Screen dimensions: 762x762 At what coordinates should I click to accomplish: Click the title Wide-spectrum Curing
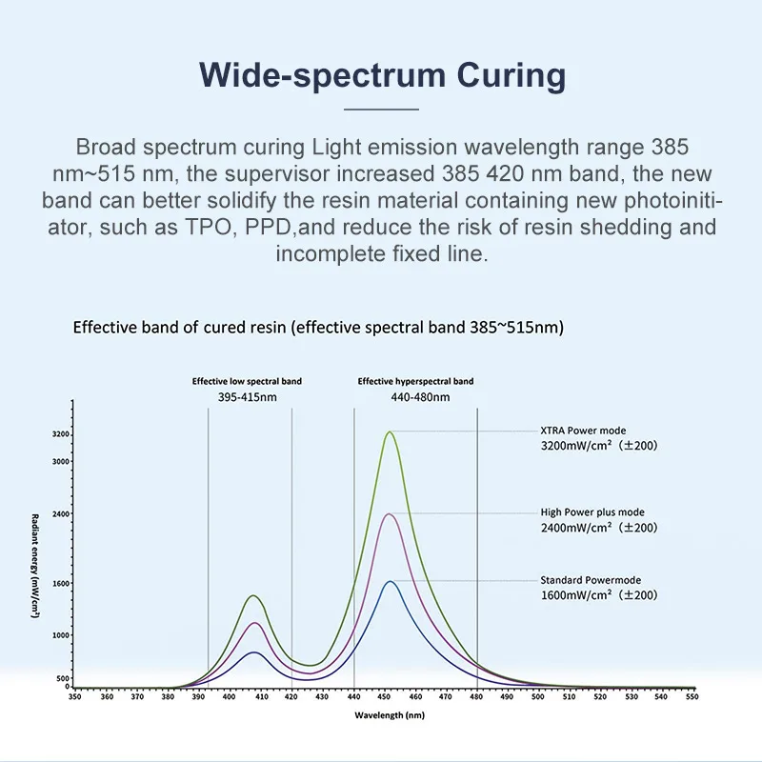381,74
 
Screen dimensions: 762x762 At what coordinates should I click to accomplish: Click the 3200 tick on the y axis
62,434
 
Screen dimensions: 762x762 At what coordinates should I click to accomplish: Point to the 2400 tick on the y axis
62,513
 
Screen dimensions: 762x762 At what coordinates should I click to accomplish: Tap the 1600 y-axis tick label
62,583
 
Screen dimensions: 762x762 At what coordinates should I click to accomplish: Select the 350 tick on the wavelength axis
75,697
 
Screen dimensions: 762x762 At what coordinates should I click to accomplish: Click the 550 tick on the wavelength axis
692,697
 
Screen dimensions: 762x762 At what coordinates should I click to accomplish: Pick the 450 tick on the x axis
384,697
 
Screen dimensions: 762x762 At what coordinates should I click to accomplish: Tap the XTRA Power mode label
583,431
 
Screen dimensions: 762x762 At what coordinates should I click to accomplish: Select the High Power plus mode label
592,512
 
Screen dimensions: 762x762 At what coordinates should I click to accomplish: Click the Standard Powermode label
591,580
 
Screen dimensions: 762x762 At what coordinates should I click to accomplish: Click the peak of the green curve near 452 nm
390,432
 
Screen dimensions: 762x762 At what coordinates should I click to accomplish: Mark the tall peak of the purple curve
390,514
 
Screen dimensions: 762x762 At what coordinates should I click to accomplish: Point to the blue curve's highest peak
390,582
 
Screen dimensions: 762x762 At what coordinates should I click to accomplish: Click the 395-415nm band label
248,396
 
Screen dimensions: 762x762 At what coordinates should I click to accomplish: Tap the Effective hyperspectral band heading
415,381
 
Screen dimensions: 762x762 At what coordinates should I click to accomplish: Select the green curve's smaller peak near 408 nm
253,596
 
